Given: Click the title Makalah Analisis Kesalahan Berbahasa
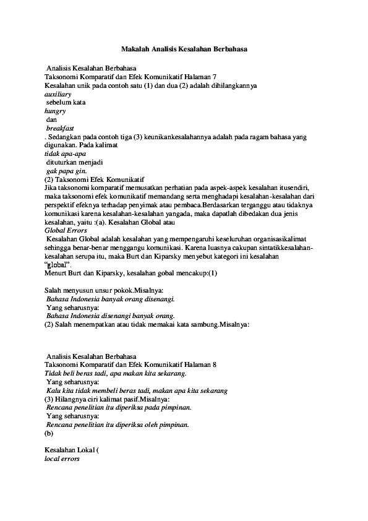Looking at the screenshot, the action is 184,48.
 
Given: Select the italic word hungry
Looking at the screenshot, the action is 55,111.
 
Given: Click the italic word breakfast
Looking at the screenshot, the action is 60,128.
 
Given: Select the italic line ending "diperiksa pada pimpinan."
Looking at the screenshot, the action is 118,408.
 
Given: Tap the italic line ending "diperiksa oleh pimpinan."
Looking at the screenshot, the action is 118,425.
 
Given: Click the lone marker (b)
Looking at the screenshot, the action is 49,434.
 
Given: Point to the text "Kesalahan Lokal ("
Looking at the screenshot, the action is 72,451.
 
